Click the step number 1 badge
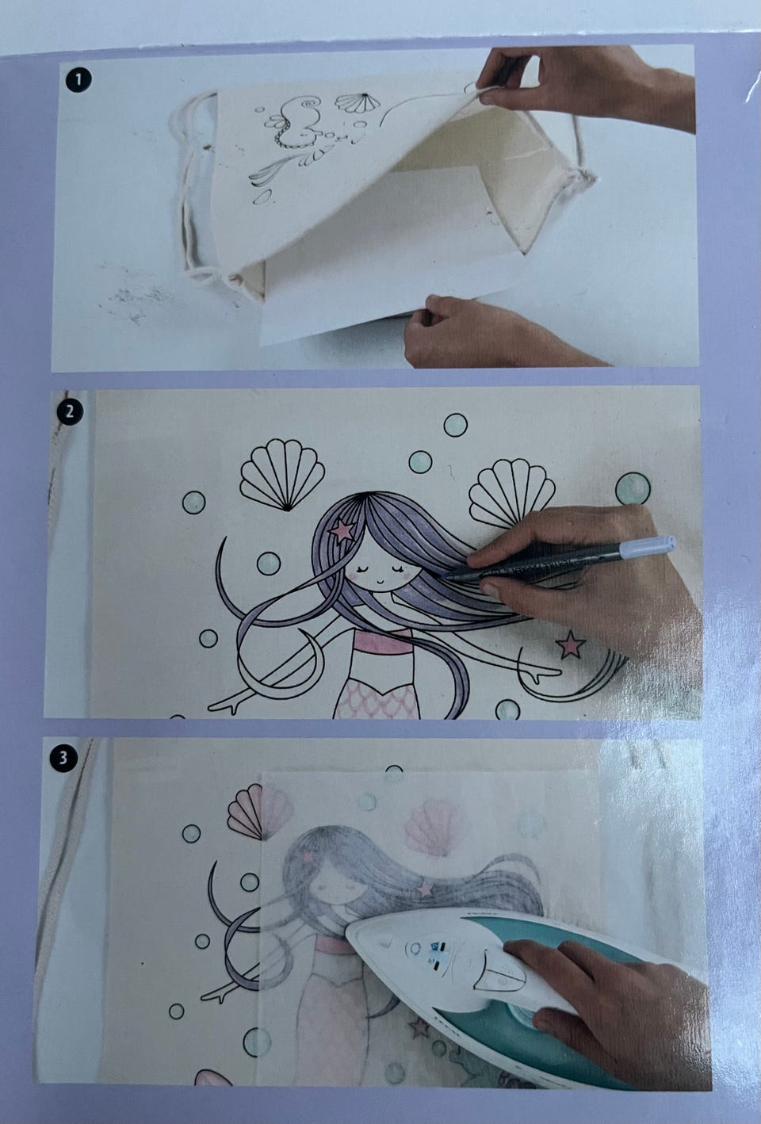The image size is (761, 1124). pos(78,80)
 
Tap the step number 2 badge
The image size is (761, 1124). pos(69,411)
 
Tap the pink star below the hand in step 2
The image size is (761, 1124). pos(571,644)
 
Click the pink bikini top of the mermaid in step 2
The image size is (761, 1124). pos(382,643)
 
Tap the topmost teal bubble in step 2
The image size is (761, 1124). pos(456,425)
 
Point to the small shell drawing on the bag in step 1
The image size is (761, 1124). pos(358,103)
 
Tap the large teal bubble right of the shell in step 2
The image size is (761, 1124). pos(633,488)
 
